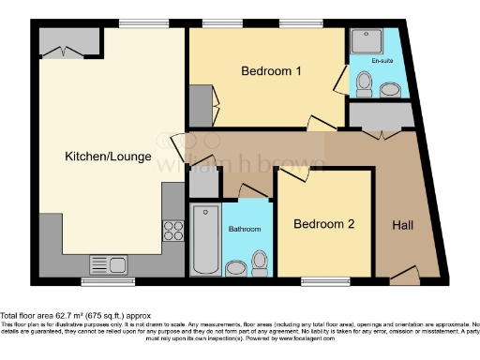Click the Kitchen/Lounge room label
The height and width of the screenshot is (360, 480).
tap(108, 157)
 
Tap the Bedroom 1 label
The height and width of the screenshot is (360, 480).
tap(272, 71)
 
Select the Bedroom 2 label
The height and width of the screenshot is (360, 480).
tap(323, 224)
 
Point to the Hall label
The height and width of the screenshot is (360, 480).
tap(403, 225)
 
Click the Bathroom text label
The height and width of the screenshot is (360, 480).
tap(245, 229)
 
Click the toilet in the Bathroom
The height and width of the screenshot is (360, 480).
tap(236, 269)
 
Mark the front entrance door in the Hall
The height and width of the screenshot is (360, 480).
tap(404, 275)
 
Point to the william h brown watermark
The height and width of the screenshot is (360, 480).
tap(244, 164)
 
